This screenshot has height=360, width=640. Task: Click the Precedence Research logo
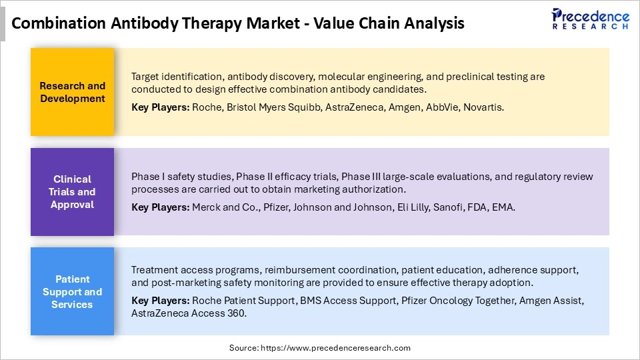coord(590,19)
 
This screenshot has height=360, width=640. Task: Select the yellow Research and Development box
coord(72,92)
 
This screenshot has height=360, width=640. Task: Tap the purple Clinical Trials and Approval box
coord(72,192)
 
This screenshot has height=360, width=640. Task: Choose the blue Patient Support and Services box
coord(72,292)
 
